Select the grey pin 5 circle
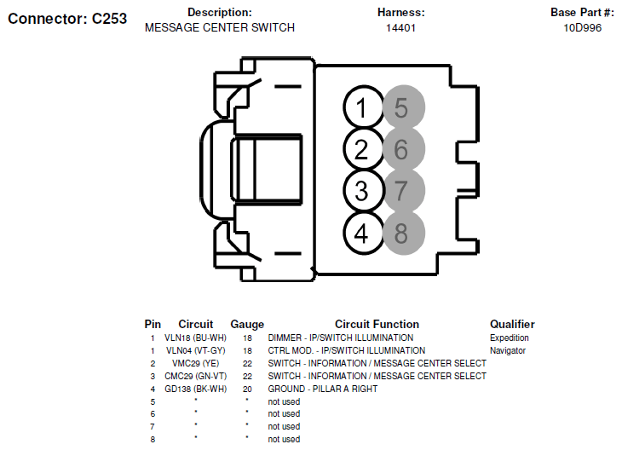pos(404,107)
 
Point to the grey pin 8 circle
pos(404,233)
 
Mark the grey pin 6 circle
pos(404,149)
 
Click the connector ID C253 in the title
pos(109,19)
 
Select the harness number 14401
pos(400,28)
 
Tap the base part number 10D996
pos(582,28)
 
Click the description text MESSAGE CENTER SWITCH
pos(220,28)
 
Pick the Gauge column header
pos(247,324)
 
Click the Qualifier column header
pos(512,324)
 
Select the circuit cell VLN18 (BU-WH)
pos(196,337)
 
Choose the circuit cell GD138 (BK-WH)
pos(196,389)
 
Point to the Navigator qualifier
pos(508,350)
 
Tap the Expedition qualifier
pos(510,337)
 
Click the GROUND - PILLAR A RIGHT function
pos(323,389)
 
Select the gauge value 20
pos(247,389)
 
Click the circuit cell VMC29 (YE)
pos(196,363)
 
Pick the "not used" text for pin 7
pos(284,427)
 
